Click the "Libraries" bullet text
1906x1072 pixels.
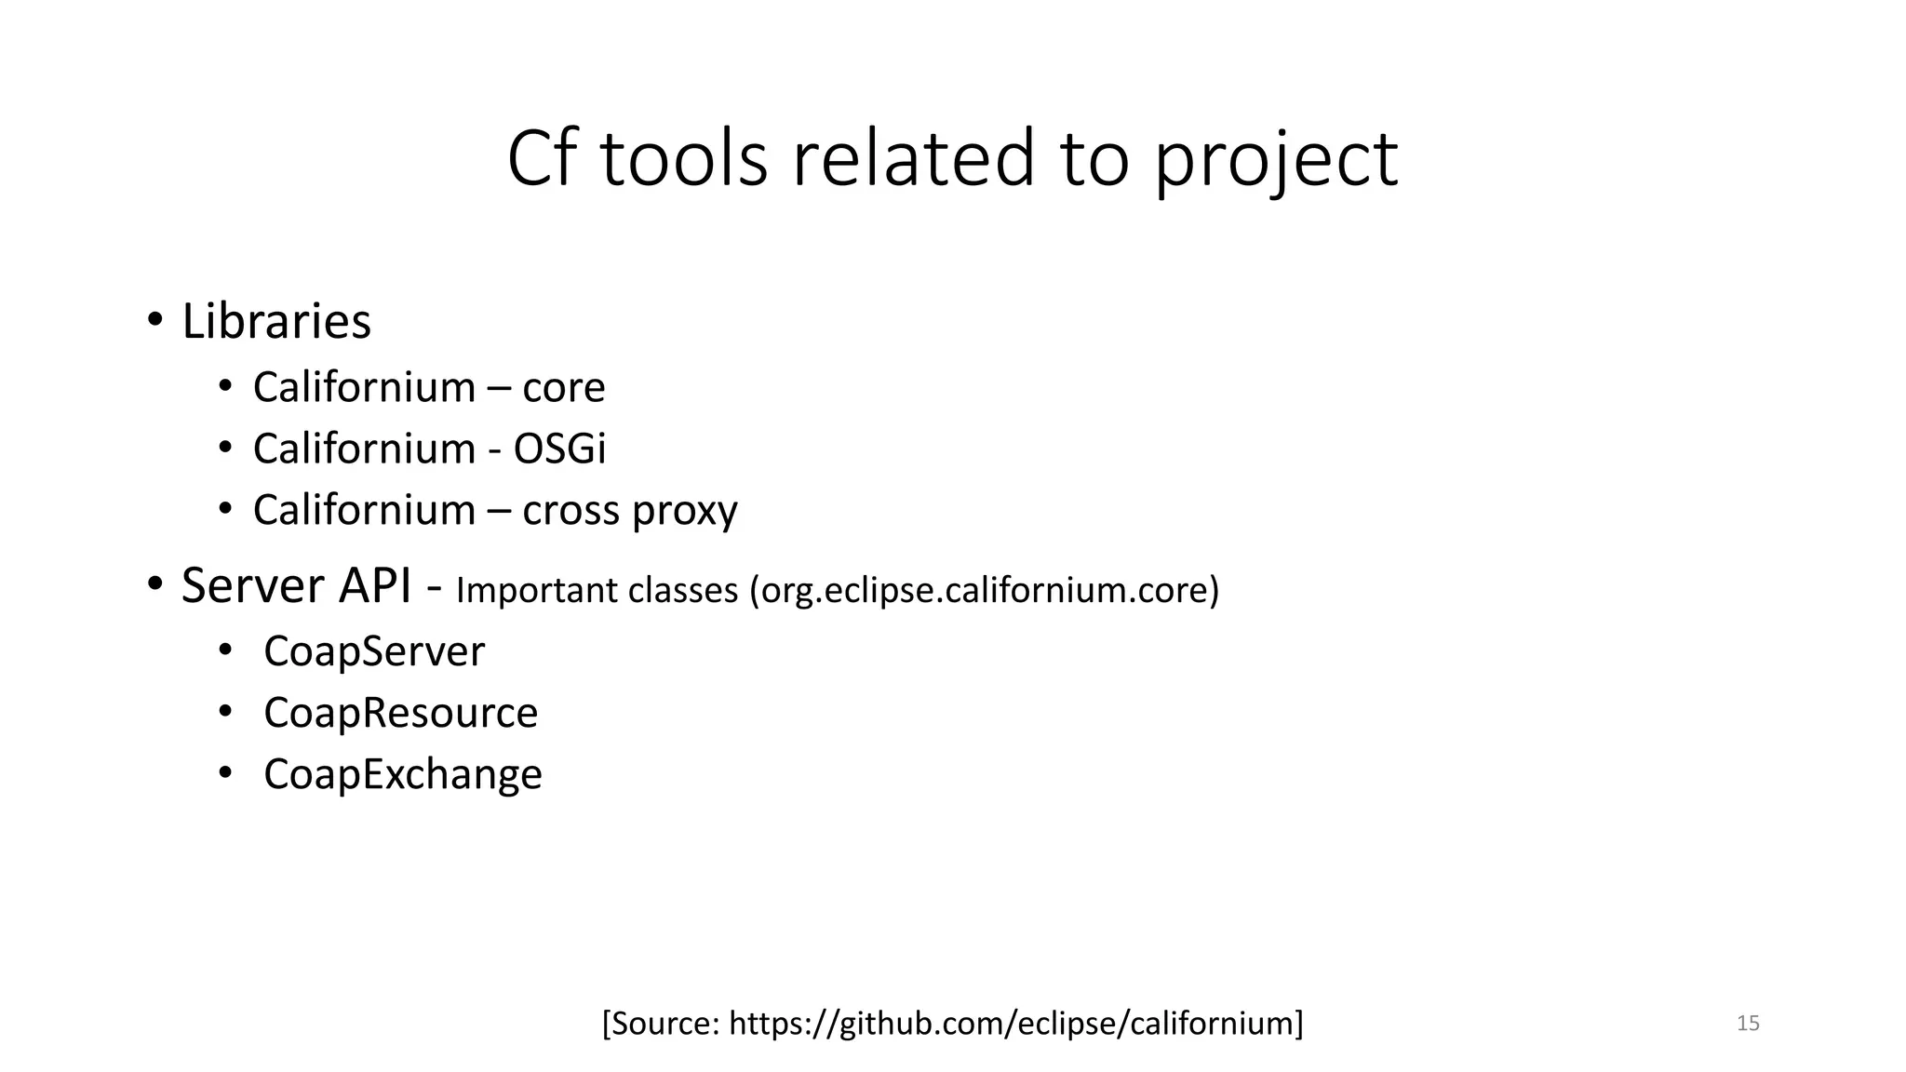click(276, 321)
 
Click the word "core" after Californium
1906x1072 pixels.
click(563, 387)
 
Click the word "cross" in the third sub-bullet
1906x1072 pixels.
click(570, 510)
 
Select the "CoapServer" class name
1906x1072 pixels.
click(374, 650)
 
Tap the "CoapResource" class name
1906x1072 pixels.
click(400, 713)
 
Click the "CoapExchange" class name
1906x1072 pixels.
click(402, 774)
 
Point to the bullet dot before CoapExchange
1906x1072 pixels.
click(225, 772)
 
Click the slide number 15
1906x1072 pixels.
click(1748, 1024)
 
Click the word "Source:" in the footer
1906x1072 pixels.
click(662, 1023)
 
